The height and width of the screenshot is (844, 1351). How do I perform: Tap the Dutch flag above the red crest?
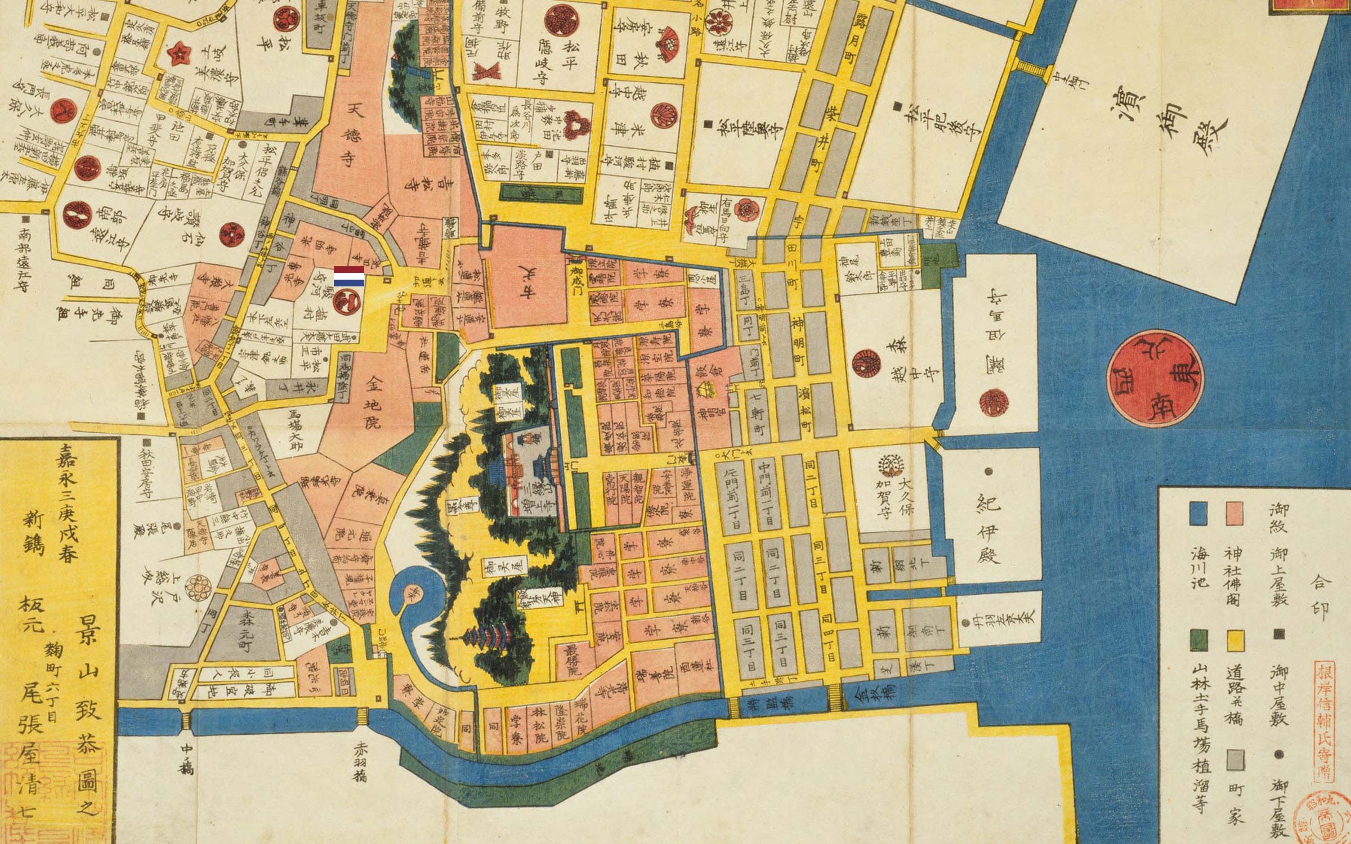pyautogui.click(x=348, y=277)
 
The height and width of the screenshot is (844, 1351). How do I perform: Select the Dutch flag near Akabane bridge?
pyautogui.click(x=341, y=675)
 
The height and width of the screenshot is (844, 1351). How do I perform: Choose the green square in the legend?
pyautogui.click(x=1199, y=640)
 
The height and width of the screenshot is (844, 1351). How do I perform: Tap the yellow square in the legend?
pyautogui.click(x=1236, y=640)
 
